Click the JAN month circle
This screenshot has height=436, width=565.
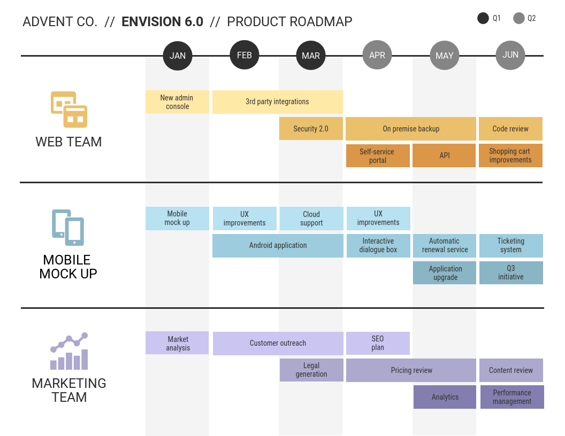178,56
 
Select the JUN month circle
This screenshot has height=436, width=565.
510,55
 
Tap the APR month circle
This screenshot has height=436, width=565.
377,55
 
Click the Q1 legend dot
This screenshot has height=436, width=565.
483,18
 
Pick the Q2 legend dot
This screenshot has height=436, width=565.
518,18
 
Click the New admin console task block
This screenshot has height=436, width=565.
177,102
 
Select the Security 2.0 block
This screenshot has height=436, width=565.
311,129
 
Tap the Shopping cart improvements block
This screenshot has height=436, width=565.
510,155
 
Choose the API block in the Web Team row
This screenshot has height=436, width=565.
444,155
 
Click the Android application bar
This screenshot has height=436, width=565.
278,246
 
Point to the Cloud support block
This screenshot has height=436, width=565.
311,219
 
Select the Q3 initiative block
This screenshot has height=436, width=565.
511,272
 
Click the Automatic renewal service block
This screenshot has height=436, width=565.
445,246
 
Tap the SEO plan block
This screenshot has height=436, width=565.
378,343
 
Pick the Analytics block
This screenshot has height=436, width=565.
445,397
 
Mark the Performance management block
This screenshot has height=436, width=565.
511,397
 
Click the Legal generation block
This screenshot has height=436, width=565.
311,370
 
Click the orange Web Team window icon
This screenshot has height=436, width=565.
69,110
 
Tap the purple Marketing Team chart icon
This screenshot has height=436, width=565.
69,351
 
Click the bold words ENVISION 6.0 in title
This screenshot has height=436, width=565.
162,22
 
